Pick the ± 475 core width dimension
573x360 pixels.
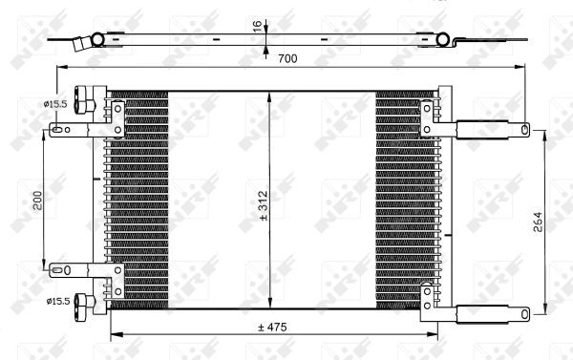click(273, 327)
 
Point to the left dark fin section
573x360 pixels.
click(139, 201)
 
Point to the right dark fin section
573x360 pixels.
click(401, 201)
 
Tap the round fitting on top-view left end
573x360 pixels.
click(95, 39)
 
